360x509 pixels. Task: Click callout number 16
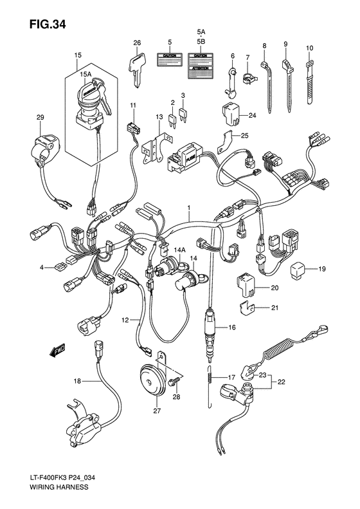point(233,328)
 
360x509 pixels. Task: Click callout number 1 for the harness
point(189,208)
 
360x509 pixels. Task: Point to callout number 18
point(76,382)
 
